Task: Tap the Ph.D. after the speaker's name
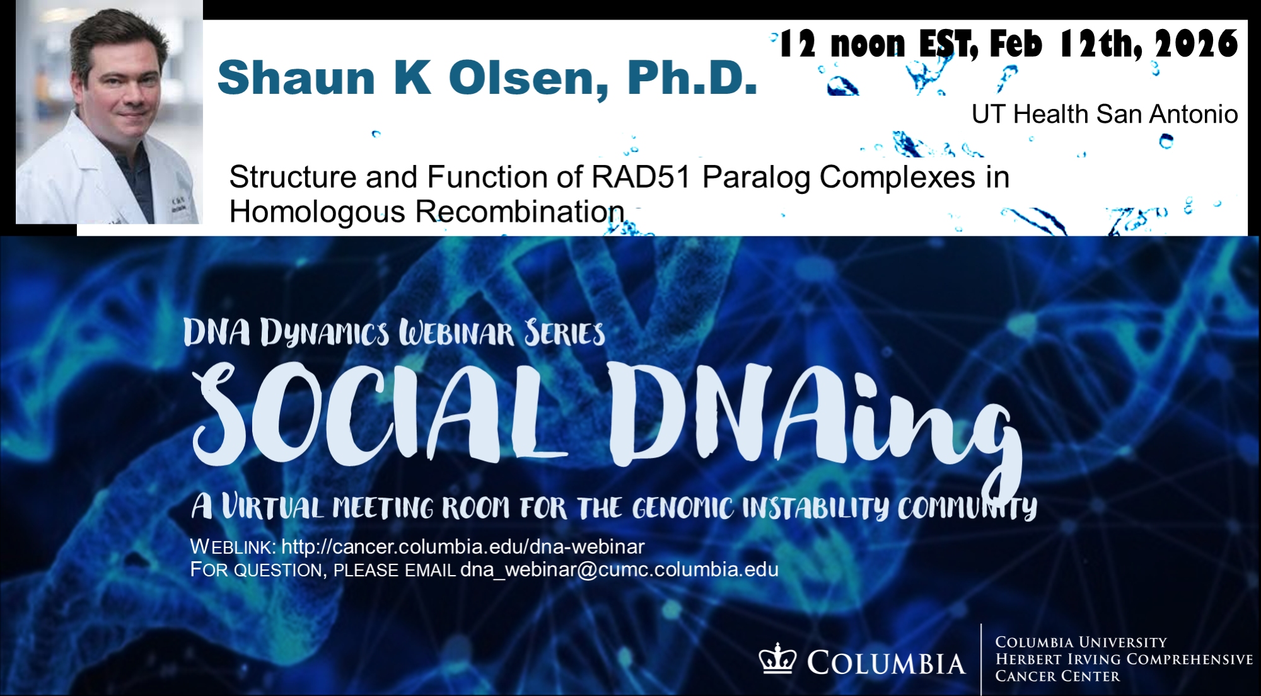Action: (x=692, y=78)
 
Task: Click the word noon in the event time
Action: (x=868, y=44)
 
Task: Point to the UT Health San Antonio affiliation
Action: (x=1105, y=114)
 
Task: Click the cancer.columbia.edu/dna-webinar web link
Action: (x=463, y=546)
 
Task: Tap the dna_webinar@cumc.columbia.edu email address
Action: (x=619, y=569)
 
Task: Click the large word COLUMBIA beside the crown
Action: (x=886, y=663)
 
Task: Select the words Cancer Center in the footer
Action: (x=1057, y=676)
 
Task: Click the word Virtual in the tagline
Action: (x=273, y=507)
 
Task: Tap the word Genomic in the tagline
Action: (x=683, y=508)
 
